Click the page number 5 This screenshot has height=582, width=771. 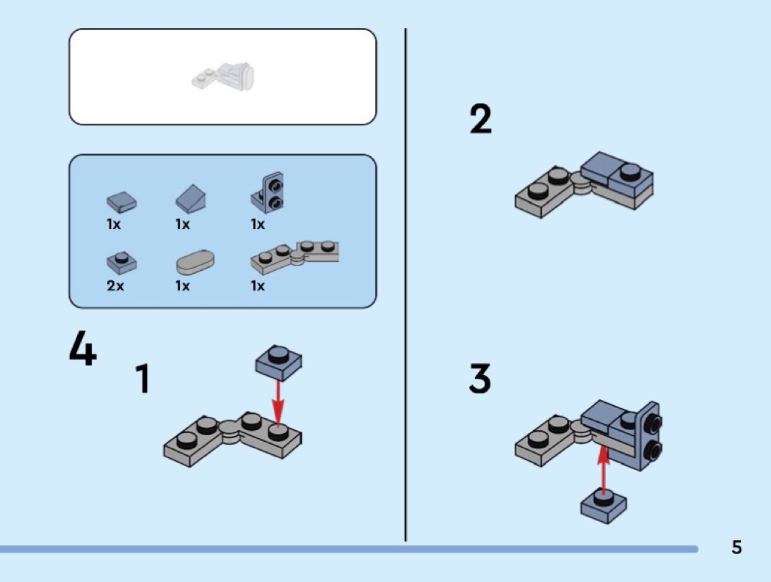tap(736, 548)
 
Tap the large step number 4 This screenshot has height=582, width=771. tap(82, 349)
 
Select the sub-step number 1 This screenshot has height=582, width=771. tap(142, 379)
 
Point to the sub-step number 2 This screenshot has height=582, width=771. tap(481, 120)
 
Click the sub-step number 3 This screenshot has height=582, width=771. tap(480, 379)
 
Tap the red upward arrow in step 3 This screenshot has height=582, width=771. tap(604, 469)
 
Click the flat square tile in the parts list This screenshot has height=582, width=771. tap(121, 200)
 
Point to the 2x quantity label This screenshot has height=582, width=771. tap(115, 285)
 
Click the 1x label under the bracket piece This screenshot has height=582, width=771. tap(258, 225)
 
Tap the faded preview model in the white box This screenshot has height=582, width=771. tap(223, 76)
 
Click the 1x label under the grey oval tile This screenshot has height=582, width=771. tap(183, 285)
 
